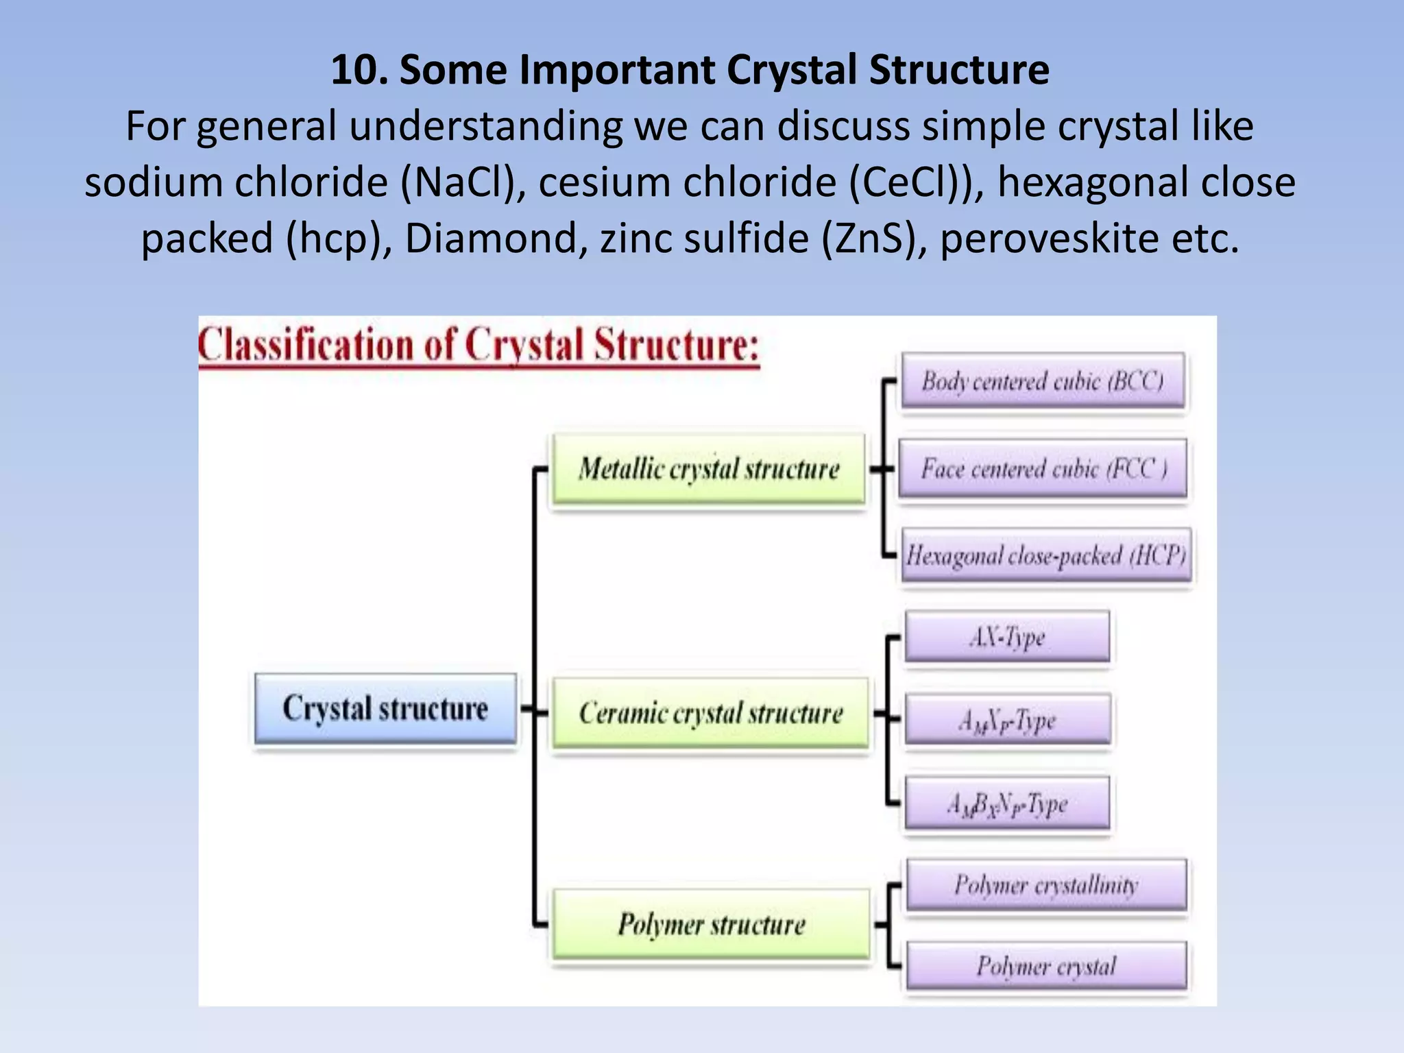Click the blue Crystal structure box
(385, 709)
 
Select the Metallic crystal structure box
(708, 470)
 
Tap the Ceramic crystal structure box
(711, 714)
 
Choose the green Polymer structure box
(711, 924)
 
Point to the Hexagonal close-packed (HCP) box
(1045, 555)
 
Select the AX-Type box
(1007, 637)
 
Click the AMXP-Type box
(1007, 720)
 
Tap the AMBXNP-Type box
(1007, 803)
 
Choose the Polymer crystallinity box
(1046, 885)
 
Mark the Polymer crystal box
(1046, 966)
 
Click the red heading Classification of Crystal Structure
(479, 345)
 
